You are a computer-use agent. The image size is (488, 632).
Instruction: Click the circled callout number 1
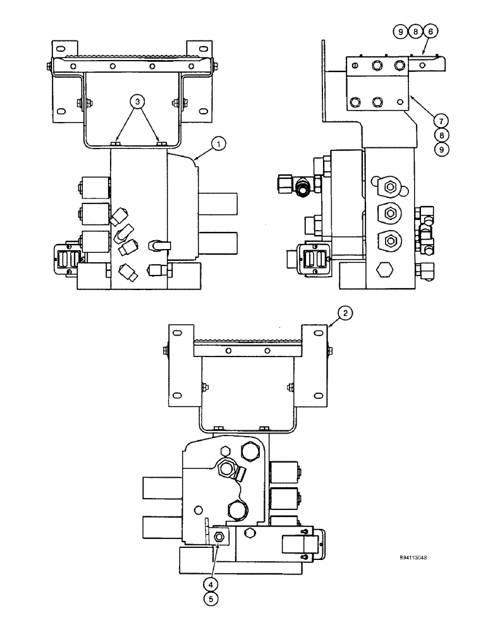tap(217, 145)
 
